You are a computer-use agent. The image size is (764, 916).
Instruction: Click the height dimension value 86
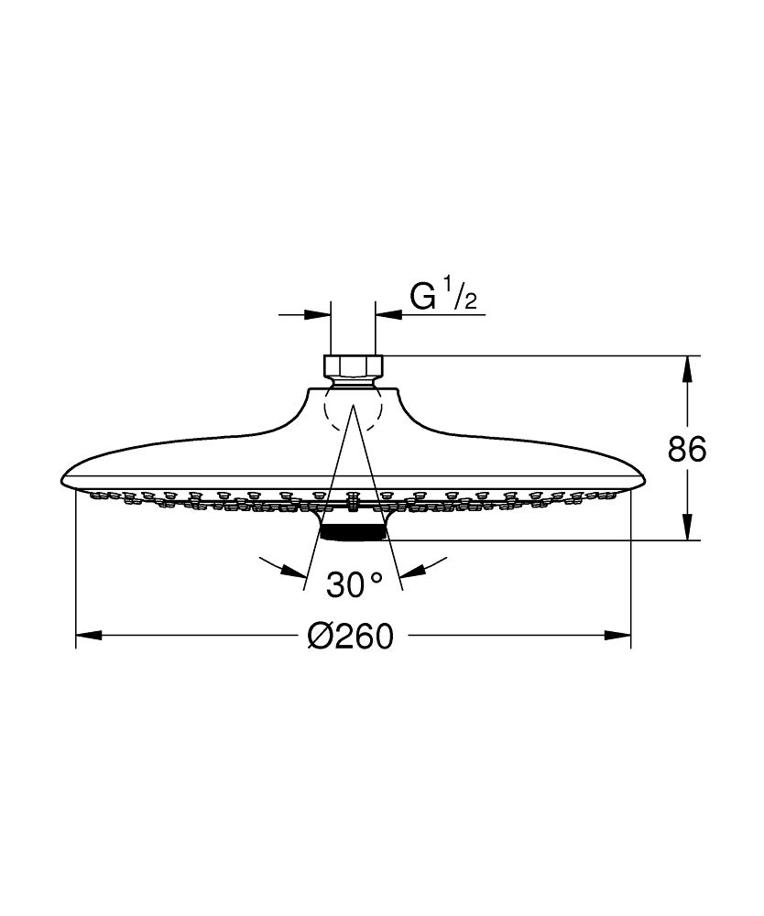coord(687,450)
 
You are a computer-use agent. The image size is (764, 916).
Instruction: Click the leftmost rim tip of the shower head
coord(62,480)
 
